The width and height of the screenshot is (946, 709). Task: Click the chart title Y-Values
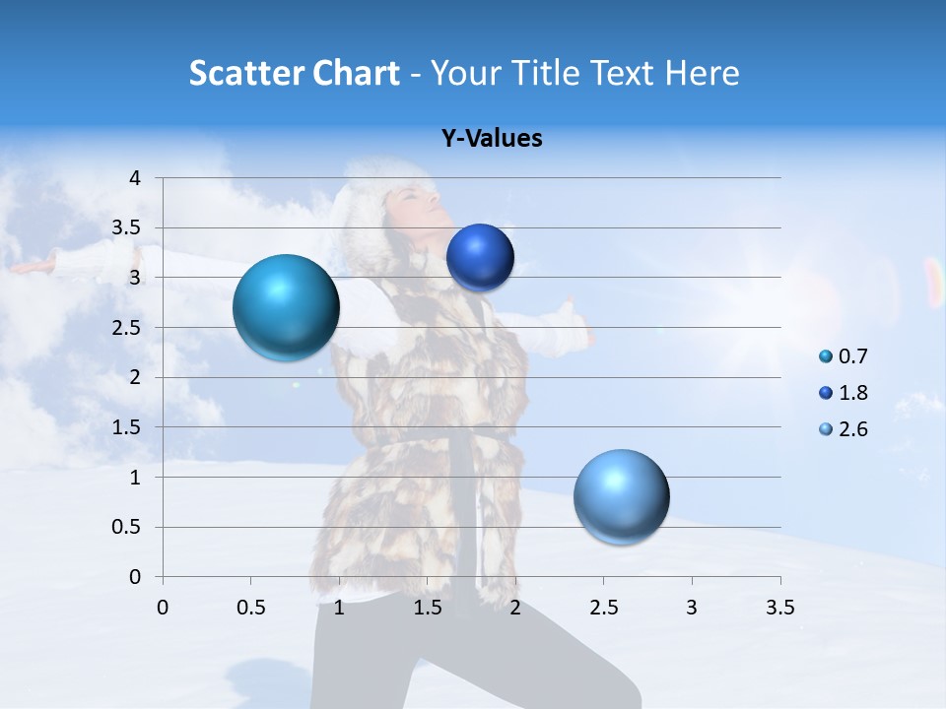pos(492,139)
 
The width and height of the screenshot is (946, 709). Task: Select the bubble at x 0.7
pos(287,307)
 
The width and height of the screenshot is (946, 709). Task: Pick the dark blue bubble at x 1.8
pos(480,257)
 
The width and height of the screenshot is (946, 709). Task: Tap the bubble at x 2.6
pos(621,496)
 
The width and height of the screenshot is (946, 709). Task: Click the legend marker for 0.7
pos(826,356)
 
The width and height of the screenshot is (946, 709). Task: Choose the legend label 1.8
pos(853,393)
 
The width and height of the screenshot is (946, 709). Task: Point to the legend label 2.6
pos(853,429)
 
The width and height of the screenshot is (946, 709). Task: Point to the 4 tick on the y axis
pos(135,178)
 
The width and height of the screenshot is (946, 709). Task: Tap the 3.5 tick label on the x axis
pos(779,608)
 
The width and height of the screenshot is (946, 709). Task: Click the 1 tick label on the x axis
pos(339,608)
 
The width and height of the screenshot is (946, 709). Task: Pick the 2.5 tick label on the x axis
pos(603,608)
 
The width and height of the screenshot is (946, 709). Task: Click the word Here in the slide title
pos(702,73)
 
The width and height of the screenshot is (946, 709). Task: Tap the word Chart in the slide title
pos(356,73)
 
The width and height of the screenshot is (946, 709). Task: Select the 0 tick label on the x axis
pos(163,608)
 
